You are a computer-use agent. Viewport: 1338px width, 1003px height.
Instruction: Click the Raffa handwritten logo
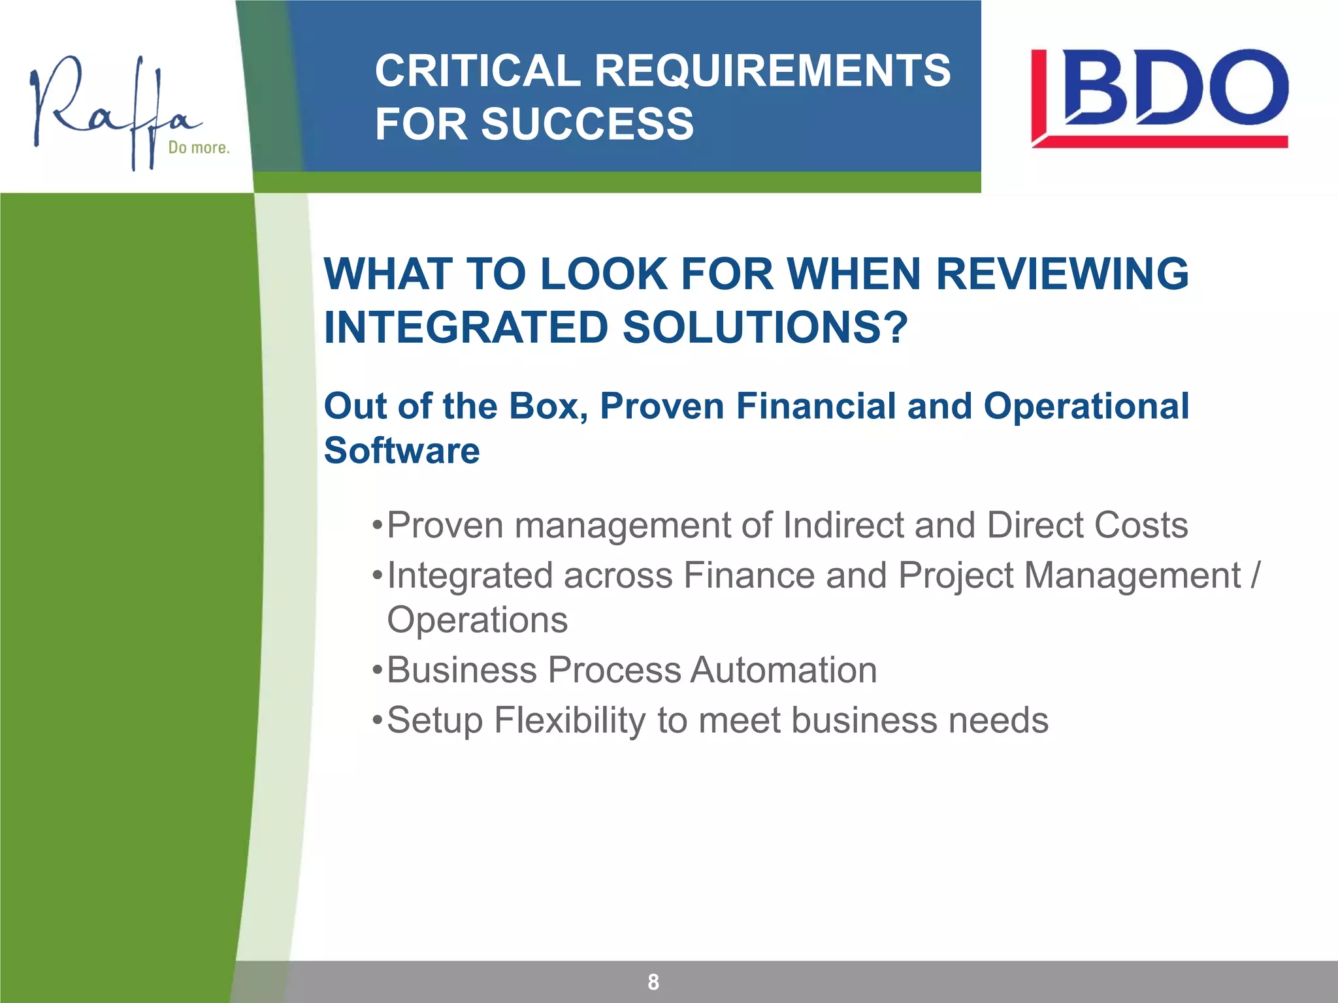[111, 108]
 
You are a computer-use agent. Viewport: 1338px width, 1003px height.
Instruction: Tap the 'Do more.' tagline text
[199, 148]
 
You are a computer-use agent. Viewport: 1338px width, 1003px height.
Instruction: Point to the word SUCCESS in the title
[587, 124]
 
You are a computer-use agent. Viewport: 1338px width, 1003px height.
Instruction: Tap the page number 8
[653, 981]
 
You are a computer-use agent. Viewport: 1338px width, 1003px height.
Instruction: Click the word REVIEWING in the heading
[1062, 274]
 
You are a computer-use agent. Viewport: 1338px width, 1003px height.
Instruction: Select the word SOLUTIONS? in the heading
[765, 327]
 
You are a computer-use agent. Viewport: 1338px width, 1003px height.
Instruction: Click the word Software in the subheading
[402, 451]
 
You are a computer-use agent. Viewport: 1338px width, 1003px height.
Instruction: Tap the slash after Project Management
[1255, 575]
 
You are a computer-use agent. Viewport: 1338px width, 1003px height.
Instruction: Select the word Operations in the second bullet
[478, 620]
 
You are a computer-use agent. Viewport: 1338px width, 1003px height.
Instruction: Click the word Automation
[783, 670]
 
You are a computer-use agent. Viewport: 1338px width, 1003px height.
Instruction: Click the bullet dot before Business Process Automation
[376, 671]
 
